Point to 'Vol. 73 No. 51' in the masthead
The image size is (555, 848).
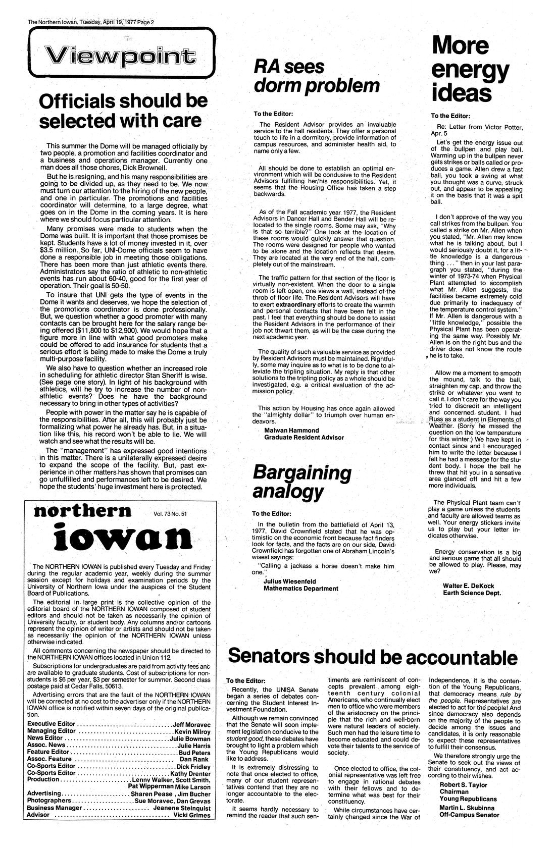click(170, 514)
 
